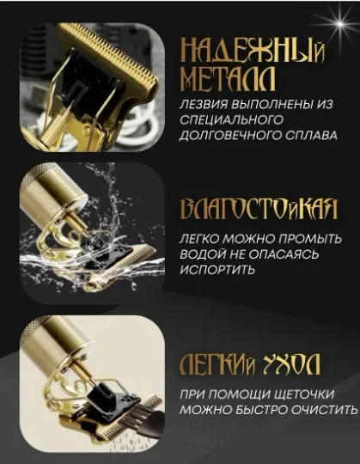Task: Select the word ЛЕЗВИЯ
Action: [x=203, y=105]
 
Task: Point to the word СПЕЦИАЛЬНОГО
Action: [x=231, y=119]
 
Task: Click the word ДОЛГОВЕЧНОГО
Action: [x=230, y=135]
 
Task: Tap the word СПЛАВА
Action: [x=312, y=135]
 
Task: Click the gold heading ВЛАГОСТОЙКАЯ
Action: [x=259, y=210]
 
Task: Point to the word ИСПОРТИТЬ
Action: [x=217, y=270]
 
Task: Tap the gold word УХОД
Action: [x=291, y=364]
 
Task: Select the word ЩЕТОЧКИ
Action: [x=302, y=394]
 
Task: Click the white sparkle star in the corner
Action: [x=340, y=24]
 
